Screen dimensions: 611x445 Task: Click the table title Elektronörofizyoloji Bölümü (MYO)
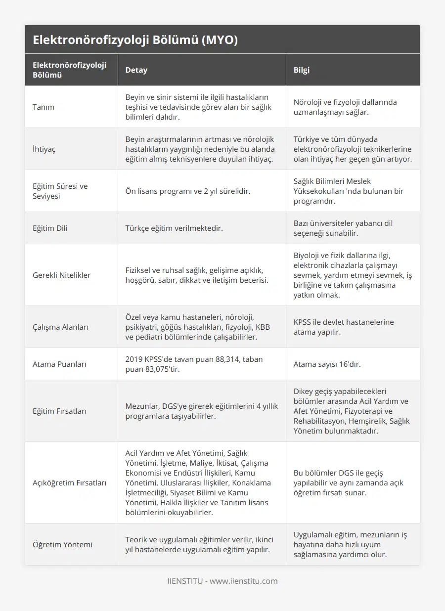135,40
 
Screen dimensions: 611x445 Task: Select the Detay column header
136,70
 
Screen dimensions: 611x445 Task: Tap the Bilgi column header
302,70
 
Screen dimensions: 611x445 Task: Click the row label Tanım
44,107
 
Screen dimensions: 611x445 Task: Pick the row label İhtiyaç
44,149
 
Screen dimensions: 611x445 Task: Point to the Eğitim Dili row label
50,228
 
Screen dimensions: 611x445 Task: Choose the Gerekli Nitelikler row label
62,275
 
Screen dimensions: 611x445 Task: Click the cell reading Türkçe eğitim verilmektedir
174,228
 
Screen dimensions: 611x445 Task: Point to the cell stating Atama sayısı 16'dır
327,364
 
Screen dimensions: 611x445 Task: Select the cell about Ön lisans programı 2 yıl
187,191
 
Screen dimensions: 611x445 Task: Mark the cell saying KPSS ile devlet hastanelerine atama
344,327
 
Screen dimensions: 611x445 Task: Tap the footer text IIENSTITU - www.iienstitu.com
222,581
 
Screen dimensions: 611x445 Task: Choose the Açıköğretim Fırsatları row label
70,483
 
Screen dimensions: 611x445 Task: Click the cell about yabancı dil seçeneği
343,228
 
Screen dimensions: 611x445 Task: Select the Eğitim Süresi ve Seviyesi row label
60,191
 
